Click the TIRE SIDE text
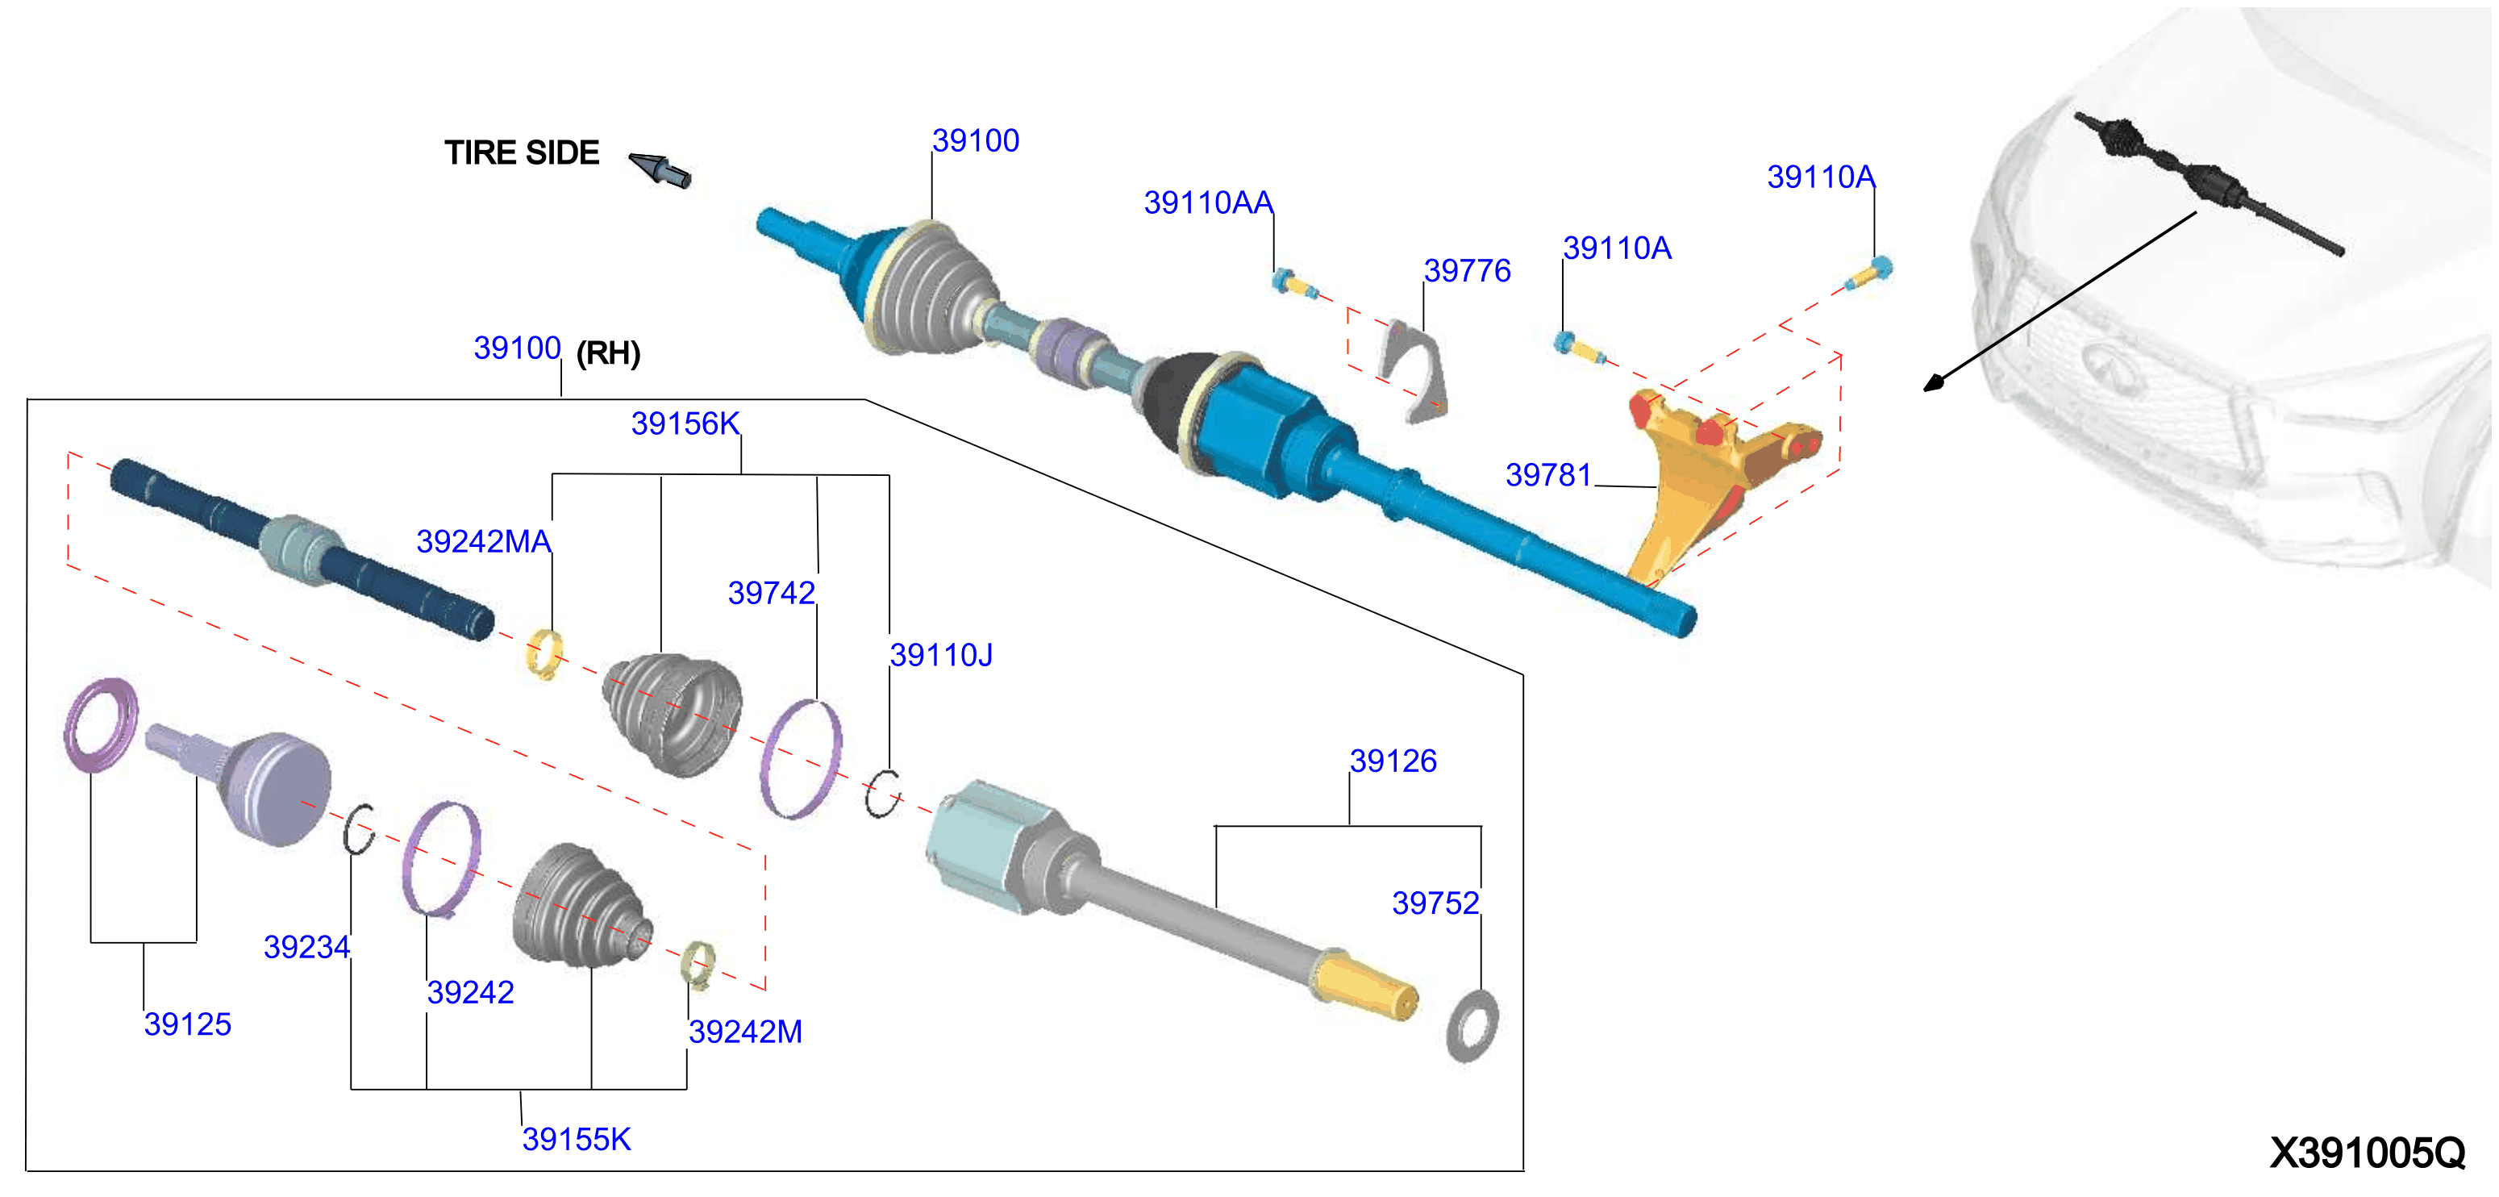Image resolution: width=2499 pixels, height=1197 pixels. tap(522, 153)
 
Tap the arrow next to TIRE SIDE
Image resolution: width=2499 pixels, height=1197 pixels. tap(660, 169)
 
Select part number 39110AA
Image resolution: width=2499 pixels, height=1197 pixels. tap(1208, 202)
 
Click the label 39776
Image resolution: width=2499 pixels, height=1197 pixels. tap(1467, 271)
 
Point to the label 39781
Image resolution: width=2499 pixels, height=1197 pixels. tap(1548, 474)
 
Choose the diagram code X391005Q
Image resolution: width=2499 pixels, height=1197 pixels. tap(2367, 1153)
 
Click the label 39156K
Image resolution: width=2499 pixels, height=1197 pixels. tap(685, 424)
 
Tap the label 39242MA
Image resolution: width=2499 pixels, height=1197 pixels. tap(483, 541)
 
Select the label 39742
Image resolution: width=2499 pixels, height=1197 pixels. tap(771, 593)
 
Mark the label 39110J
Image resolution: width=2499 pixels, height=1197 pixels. tap(941, 655)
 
